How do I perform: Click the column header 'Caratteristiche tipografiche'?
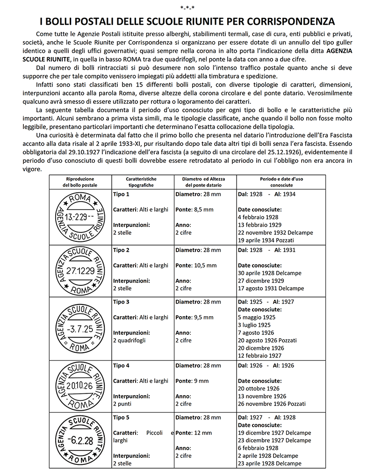tap(141, 182)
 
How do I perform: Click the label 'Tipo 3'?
tap(121, 302)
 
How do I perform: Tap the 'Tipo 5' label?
tap(121, 417)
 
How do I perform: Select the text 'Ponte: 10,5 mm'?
tap(196, 265)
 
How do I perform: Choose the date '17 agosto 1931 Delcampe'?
tap(271, 288)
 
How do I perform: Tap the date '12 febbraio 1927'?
tap(260, 355)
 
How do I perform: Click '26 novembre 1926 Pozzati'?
tap(272, 404)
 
